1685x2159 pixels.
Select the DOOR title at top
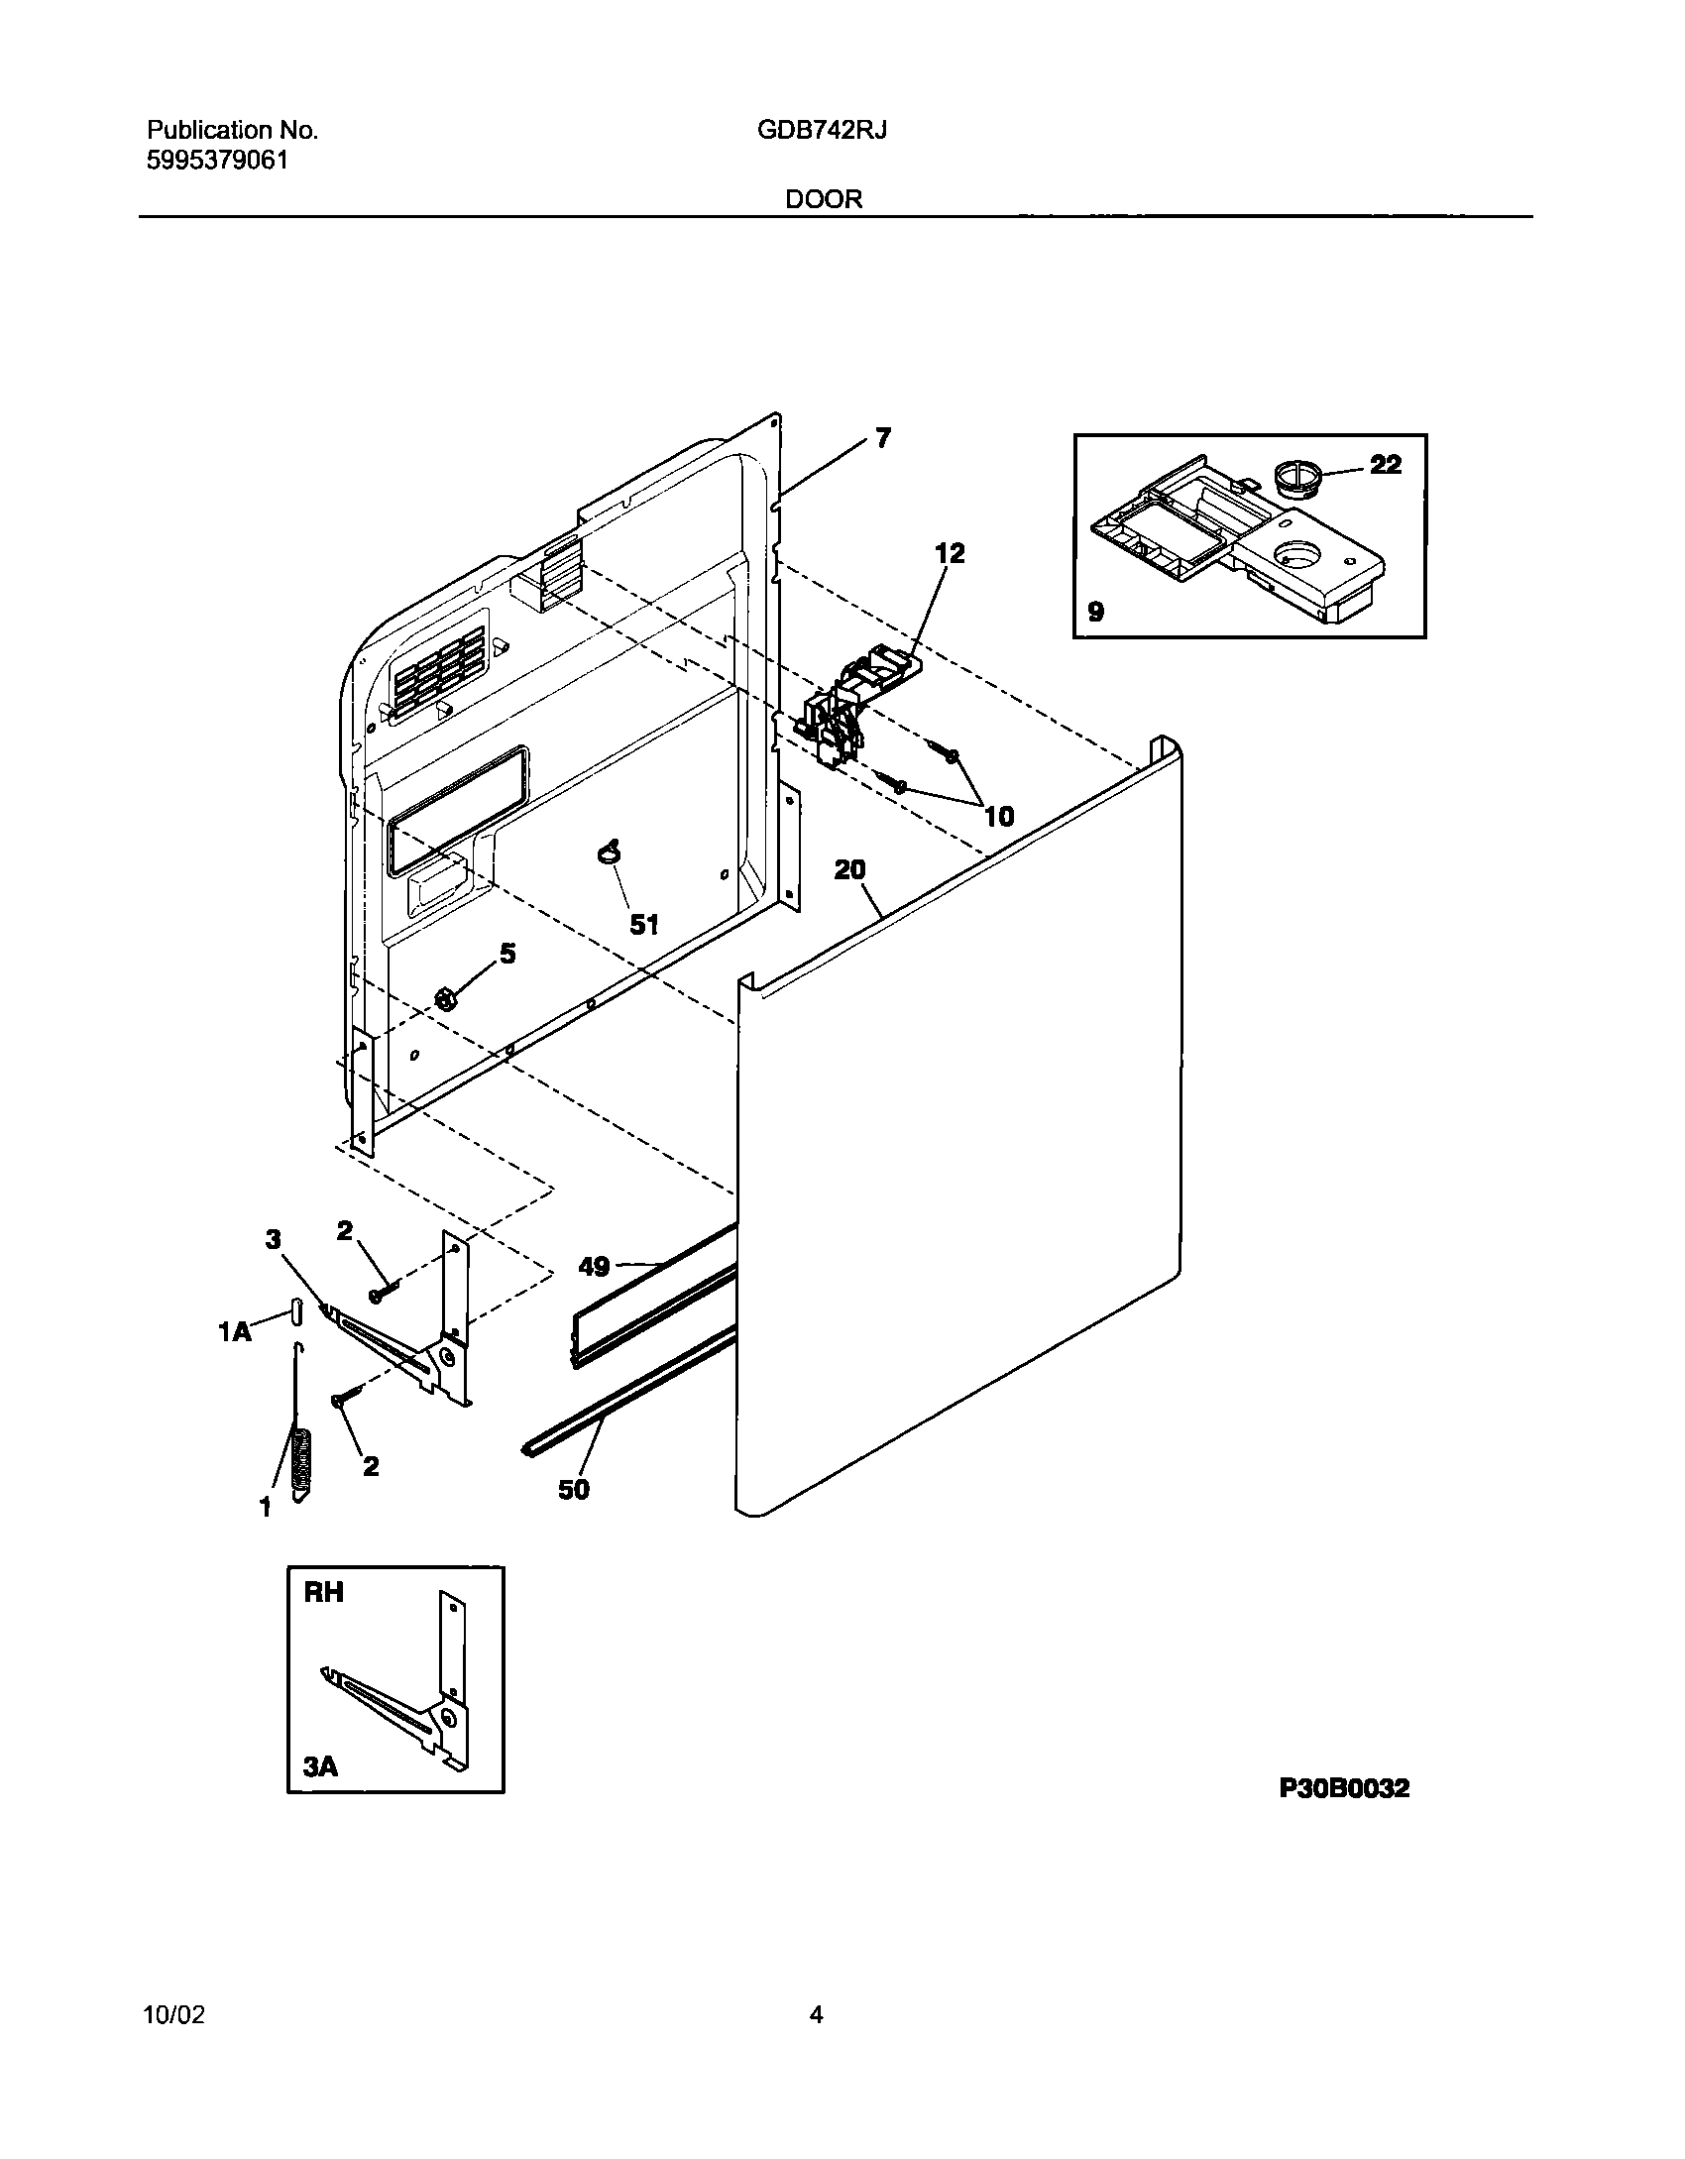coord(824,199)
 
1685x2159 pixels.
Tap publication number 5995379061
coord(217,160)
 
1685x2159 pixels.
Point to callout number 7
coord(882,437)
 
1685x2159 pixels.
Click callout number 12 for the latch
coord(950,553)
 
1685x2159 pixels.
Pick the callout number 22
coord(1386,464)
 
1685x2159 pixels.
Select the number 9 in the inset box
coord(1095,612)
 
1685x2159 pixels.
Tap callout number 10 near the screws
coord(998,816)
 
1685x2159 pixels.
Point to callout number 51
coord(644,924)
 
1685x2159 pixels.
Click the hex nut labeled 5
coord(447,998)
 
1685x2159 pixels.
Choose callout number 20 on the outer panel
coord(849,869)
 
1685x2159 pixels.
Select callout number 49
coord(594,1266)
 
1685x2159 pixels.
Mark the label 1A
coord(235,1333)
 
